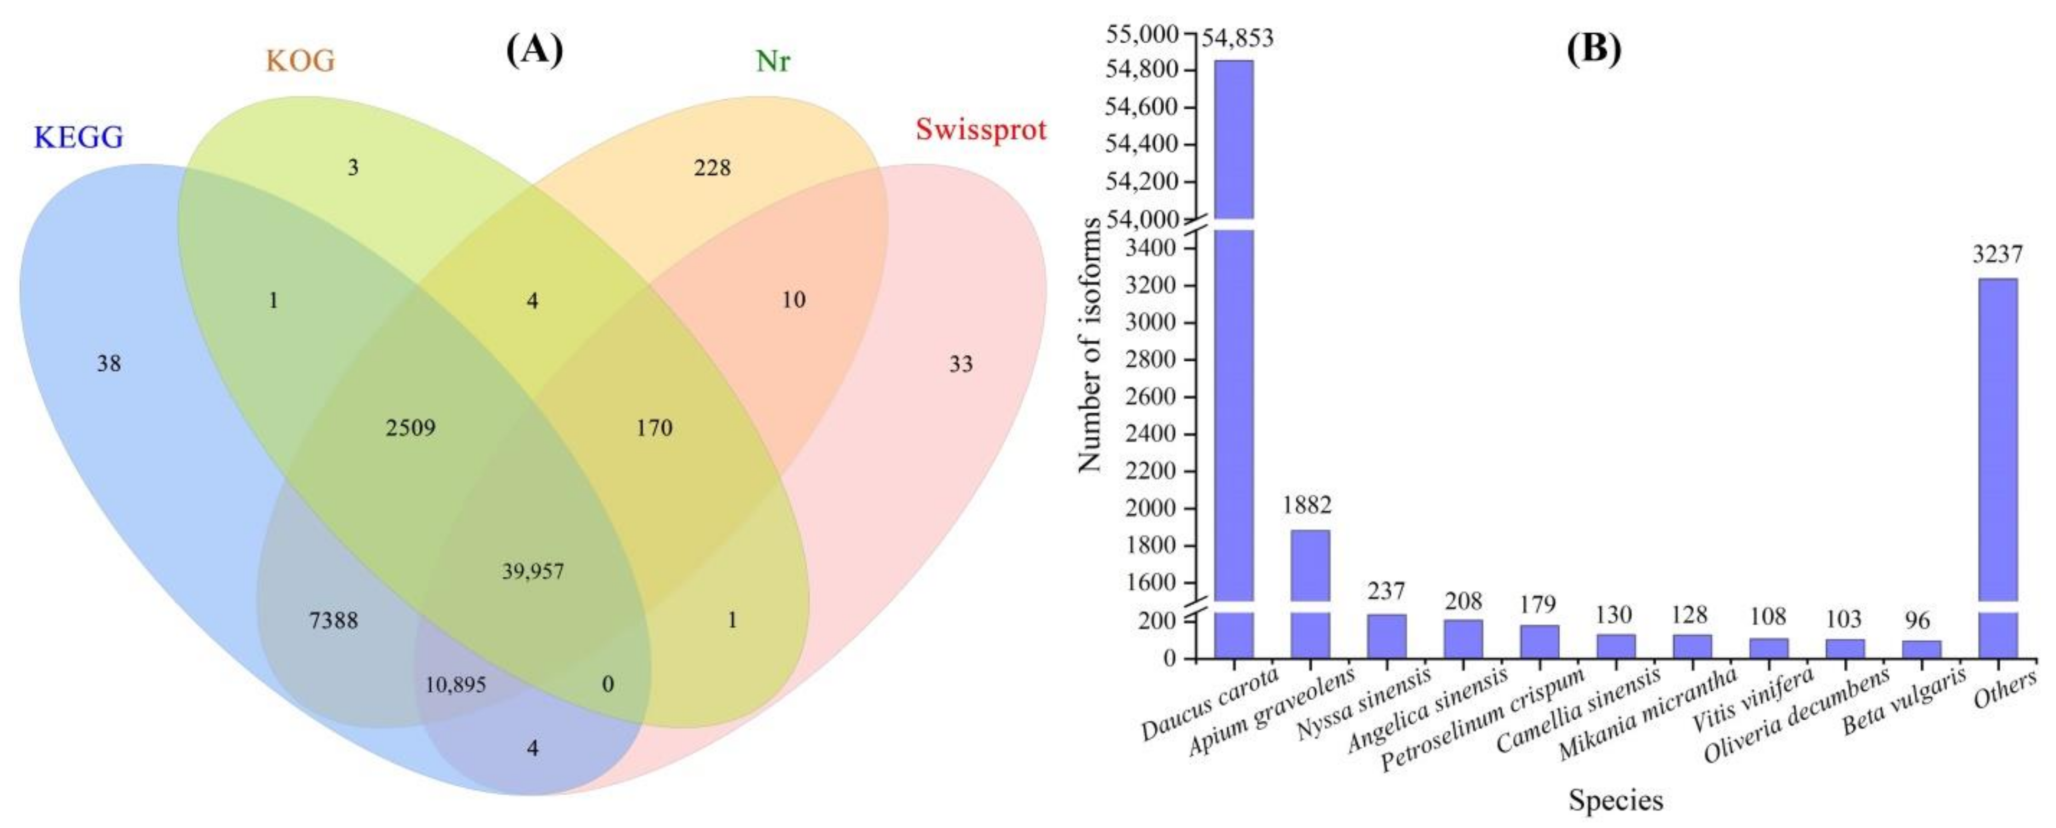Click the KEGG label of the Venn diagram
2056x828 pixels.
click(x=78, y=137)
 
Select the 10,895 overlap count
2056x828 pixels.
click(x=455, y=685)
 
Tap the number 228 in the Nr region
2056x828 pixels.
click(x=712, y=168)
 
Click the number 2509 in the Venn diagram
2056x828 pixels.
click(x=410, y=428)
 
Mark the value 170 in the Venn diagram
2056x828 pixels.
click(x=654, y=428)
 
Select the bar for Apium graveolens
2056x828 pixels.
click(x=1310, y=591)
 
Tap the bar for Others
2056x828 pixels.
click(x=1998, y=463)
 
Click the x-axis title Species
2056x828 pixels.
click(x=1616, y=799)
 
